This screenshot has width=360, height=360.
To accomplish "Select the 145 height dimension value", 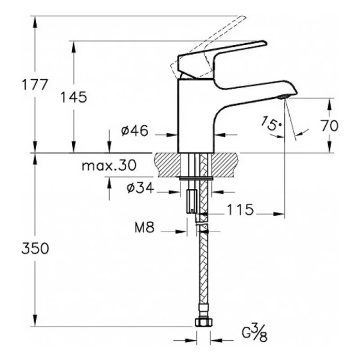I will click(74, 97).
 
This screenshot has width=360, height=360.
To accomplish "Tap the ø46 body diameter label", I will click(135, 130).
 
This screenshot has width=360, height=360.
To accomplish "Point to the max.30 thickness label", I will click(109, 165).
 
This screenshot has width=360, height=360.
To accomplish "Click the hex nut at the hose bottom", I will click(202, 325).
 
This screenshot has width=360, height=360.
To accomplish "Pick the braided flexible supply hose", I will click(202, 270).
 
